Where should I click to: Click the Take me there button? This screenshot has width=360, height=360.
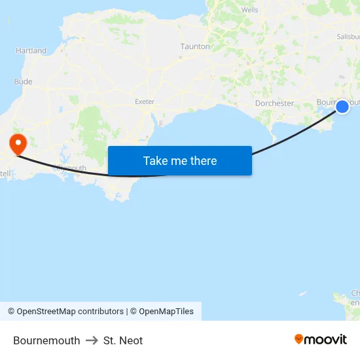[x=179, y=161]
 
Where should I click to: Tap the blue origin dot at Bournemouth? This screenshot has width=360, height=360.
[x=342, y=106]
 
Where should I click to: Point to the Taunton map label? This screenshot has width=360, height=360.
[x=195, y=47]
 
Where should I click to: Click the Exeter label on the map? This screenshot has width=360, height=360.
[x=144, y=101]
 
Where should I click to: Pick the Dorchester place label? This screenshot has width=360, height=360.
[x=274, y=103]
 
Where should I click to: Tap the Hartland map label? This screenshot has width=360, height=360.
[x=31, y=50]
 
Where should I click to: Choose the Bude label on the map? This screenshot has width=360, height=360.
[x=23, y=82]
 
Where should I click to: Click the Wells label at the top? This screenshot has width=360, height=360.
[x=249, y=10]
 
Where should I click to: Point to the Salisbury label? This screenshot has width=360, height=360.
[x=348, y=37]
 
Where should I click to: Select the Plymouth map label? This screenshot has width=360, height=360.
[x=71, y=168]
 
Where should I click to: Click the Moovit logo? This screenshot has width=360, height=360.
[x=321, y=339]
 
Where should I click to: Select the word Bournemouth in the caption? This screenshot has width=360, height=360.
[x=46, y=340]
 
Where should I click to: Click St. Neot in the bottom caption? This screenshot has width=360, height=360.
[x=123, y=340]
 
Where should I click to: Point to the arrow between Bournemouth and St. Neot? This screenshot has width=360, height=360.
[x=92, y=340]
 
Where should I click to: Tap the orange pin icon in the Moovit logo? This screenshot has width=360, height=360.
[x=299, y=339]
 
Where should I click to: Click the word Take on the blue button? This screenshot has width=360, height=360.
[x=156, y=161]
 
